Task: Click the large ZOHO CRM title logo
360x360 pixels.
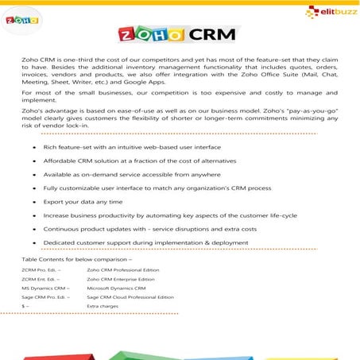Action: (180, 36)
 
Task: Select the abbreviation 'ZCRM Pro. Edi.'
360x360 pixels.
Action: (41, 271)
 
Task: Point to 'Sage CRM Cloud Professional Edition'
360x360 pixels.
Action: (130, 297)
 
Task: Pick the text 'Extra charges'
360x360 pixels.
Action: (103, 306)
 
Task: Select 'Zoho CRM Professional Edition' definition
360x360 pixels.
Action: (123, 271)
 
